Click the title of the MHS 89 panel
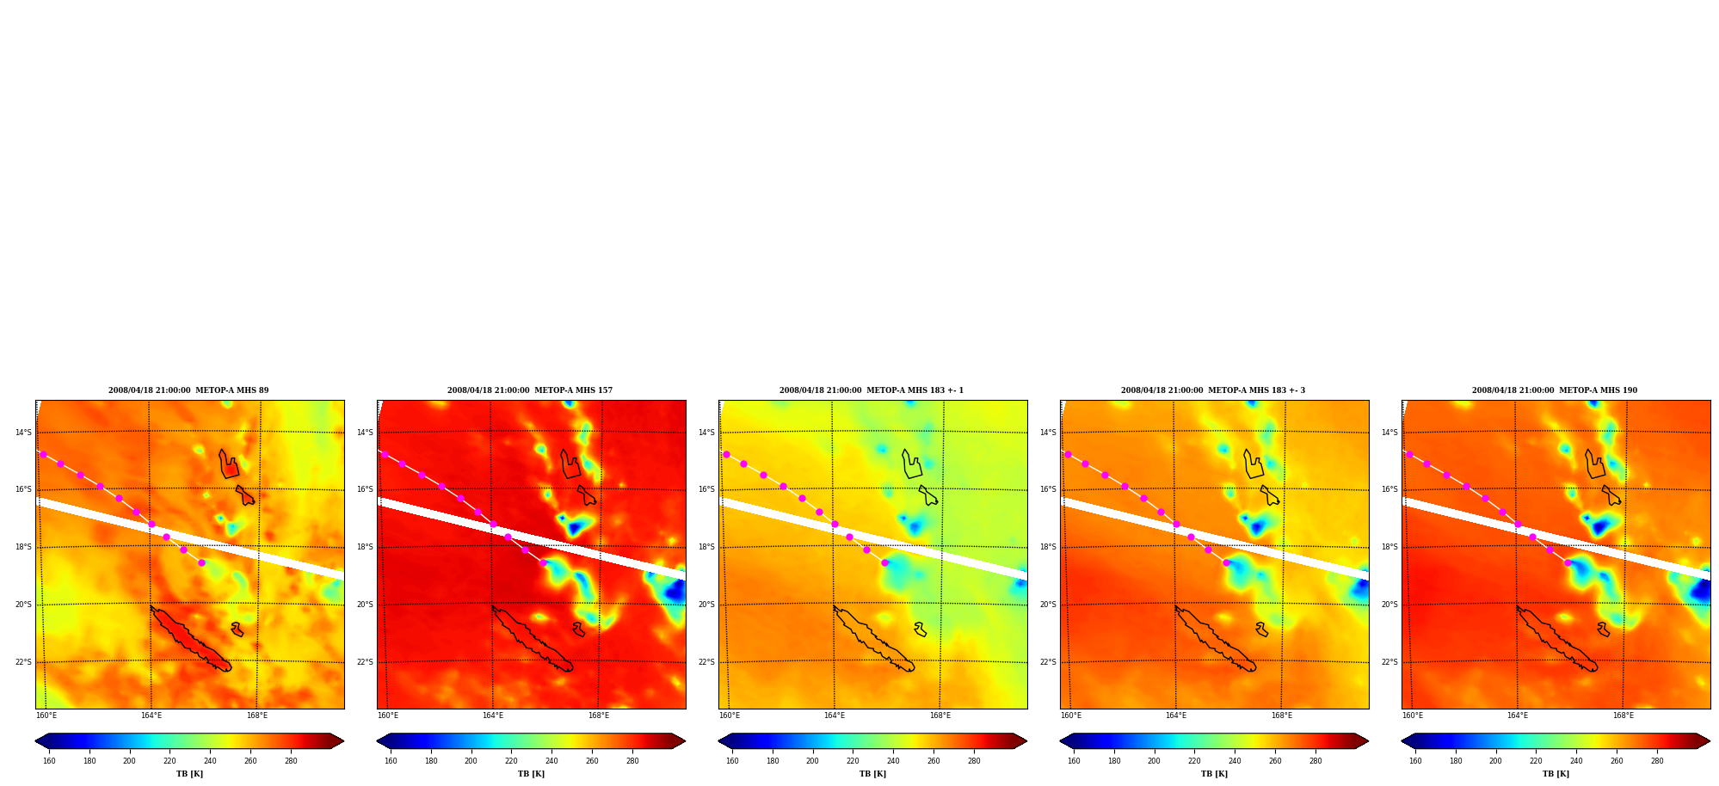188,390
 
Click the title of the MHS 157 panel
530,390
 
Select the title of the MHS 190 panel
1555,390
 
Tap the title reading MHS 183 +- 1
872,390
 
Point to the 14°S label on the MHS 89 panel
23,433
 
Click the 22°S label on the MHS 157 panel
365,662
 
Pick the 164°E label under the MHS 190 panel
1518,715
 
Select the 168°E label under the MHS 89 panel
257,715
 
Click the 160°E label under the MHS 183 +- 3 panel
1071,715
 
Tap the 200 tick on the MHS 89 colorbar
129,761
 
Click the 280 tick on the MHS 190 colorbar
1657,761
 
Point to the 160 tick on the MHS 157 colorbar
391,761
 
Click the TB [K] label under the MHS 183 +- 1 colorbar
872,774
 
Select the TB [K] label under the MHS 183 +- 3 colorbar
1214,774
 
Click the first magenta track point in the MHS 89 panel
43,454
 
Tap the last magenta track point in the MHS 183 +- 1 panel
884,562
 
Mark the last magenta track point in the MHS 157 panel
543,562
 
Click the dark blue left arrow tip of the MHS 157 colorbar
379,741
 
